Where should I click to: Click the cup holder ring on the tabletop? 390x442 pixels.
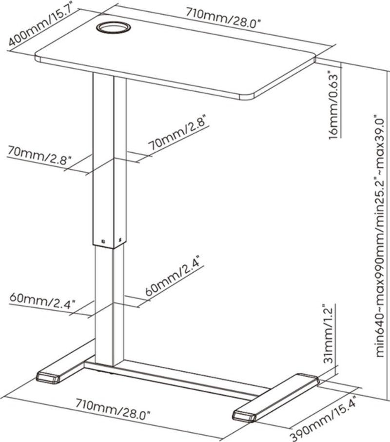pyautogui.click(x=112, y=28)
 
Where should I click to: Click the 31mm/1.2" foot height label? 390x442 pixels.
pyautogui.click(x=330, y=336)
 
